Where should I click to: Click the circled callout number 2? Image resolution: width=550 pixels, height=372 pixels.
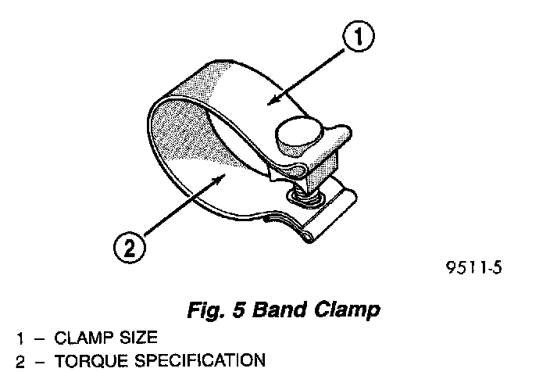(x=129, y=249)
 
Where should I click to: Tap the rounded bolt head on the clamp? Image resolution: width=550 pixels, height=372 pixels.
(x=298, y=135)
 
